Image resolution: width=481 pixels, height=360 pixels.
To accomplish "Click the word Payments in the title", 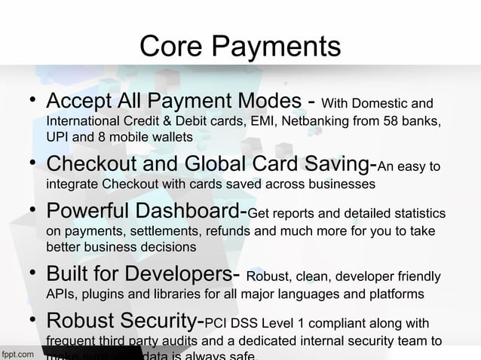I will (276, 48).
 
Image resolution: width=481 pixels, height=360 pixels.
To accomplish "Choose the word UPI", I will (57, 137).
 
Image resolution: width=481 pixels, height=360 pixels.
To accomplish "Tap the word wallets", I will (171, 137).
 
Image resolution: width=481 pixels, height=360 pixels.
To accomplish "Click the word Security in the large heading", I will (157, 324).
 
